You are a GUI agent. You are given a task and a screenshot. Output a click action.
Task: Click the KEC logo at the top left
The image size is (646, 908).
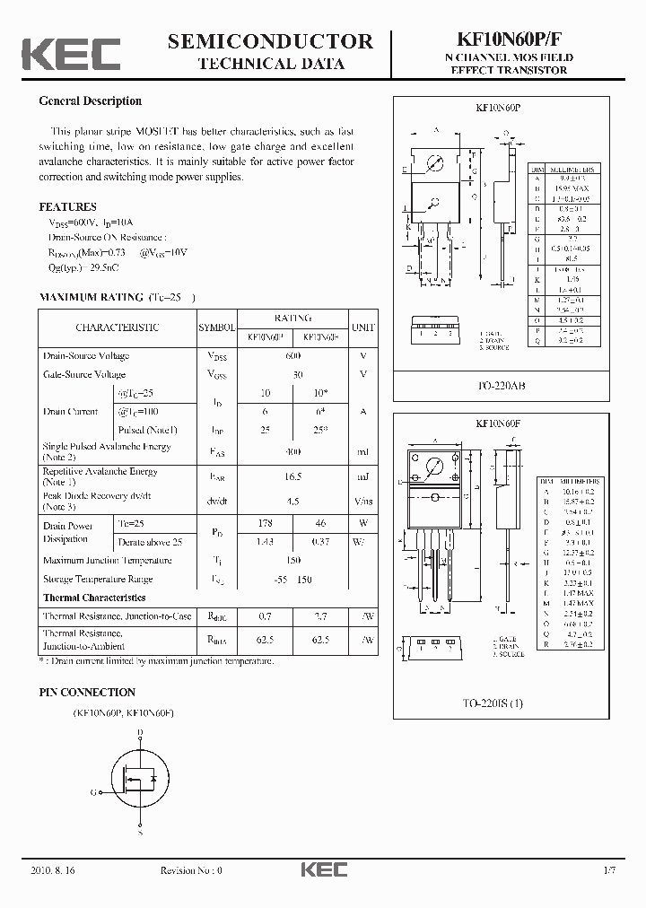[71, 54]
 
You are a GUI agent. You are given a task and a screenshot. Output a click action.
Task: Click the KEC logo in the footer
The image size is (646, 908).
[323, 869]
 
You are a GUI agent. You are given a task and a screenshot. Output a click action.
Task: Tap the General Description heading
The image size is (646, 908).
[90, 101]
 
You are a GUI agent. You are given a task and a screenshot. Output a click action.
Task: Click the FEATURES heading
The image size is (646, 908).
[68, 206]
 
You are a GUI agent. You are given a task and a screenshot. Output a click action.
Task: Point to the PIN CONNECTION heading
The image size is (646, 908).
[87, 693]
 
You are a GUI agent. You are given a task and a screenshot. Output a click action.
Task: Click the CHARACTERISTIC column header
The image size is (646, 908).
[118, 327]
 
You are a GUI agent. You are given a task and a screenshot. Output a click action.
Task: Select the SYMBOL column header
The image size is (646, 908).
[216, 327]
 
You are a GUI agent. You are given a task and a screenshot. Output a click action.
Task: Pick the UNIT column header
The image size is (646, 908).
[362, 327]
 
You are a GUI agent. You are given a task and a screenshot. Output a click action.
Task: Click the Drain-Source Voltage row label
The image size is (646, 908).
[86, 356]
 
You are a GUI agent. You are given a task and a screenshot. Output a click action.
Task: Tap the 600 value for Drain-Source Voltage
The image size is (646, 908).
[292, 356]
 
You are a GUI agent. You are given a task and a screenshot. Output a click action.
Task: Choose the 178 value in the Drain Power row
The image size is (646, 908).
[265, 523]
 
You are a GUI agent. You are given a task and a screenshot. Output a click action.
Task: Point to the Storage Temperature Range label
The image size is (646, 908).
[98, 580]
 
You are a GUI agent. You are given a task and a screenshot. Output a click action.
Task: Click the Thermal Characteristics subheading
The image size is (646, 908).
[94, 598]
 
